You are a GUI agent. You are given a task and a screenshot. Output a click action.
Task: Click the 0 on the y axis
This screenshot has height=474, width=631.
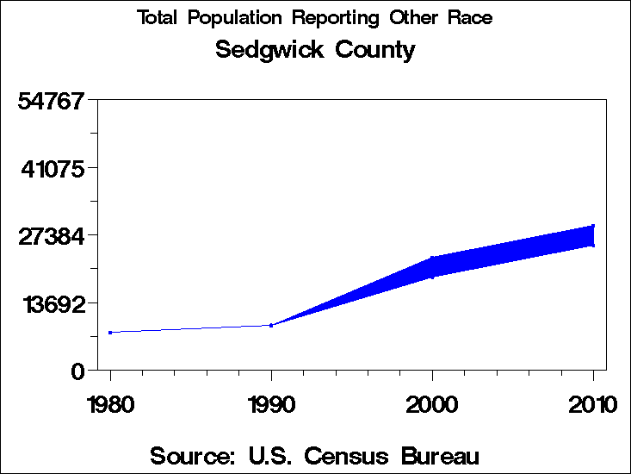click(x=77, y=371)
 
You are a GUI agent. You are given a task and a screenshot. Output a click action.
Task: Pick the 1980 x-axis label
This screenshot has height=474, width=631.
click(x=110, y=404)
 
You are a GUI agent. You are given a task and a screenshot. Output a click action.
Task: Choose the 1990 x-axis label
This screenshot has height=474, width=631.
click(x=271, y=404)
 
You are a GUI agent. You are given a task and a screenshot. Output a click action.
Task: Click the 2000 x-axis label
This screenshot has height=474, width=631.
click(x=432, y=404)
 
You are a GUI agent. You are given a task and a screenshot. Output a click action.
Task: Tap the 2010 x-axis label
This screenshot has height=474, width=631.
click(x=592, y=404)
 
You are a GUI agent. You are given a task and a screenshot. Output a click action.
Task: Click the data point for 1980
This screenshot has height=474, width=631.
click(x=110, y=332)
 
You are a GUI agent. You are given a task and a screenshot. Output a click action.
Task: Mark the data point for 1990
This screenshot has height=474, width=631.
click(x=271, y=325)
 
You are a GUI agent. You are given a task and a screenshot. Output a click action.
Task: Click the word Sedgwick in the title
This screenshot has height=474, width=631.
click(x=261, y=50)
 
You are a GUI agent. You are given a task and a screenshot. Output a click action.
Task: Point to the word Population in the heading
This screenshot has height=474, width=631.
click(x=235, y=18)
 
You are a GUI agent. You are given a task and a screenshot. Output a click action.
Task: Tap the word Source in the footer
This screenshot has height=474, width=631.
click(x=195, y=455)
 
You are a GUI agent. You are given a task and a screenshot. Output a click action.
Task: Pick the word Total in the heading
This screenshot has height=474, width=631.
click(x=158, y=18)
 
